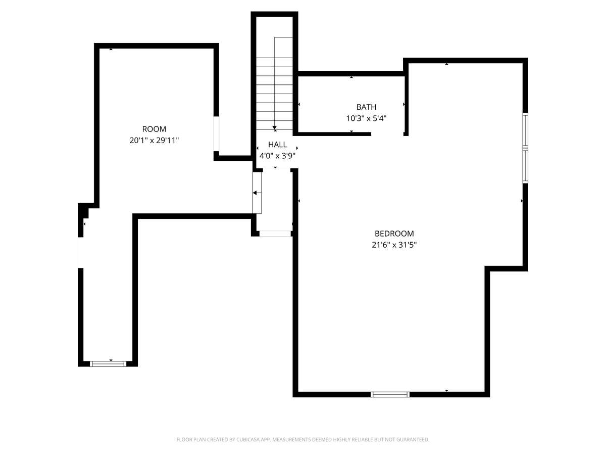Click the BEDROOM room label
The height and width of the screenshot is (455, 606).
[x=394, y=234]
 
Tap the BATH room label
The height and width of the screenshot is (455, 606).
[x=366, y=107]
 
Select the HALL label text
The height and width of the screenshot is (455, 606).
[x=277, y=144]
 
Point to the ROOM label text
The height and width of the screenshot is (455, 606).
[x=154, y=129]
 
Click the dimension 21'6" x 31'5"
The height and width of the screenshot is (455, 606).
[x=394, y=245]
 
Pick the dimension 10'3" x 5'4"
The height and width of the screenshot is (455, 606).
[x=366, y=118]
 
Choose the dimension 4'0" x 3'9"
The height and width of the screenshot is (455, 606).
[x=277, y=156]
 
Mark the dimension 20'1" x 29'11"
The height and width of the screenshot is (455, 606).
[x=154, y=141]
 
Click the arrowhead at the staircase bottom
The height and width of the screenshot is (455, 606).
[x=274, y=128]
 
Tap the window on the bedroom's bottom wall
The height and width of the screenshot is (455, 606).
[x=390, y=394]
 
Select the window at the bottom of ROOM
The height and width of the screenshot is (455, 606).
[x=108, y=364]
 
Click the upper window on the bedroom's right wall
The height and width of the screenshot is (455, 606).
[x=525, y=130]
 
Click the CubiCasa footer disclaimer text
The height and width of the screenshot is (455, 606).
[x=303, y=439]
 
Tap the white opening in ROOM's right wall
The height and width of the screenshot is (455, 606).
[x=216, y=133]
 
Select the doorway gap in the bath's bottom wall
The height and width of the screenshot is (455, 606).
[x=387, y=134]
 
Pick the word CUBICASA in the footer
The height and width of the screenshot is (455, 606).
[x=248, y=439]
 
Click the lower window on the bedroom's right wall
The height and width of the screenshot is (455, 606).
[x=525, y=165]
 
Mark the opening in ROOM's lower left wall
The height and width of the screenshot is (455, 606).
[x=81, y=252]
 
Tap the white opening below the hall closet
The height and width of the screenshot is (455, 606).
[x=275, y=234]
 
